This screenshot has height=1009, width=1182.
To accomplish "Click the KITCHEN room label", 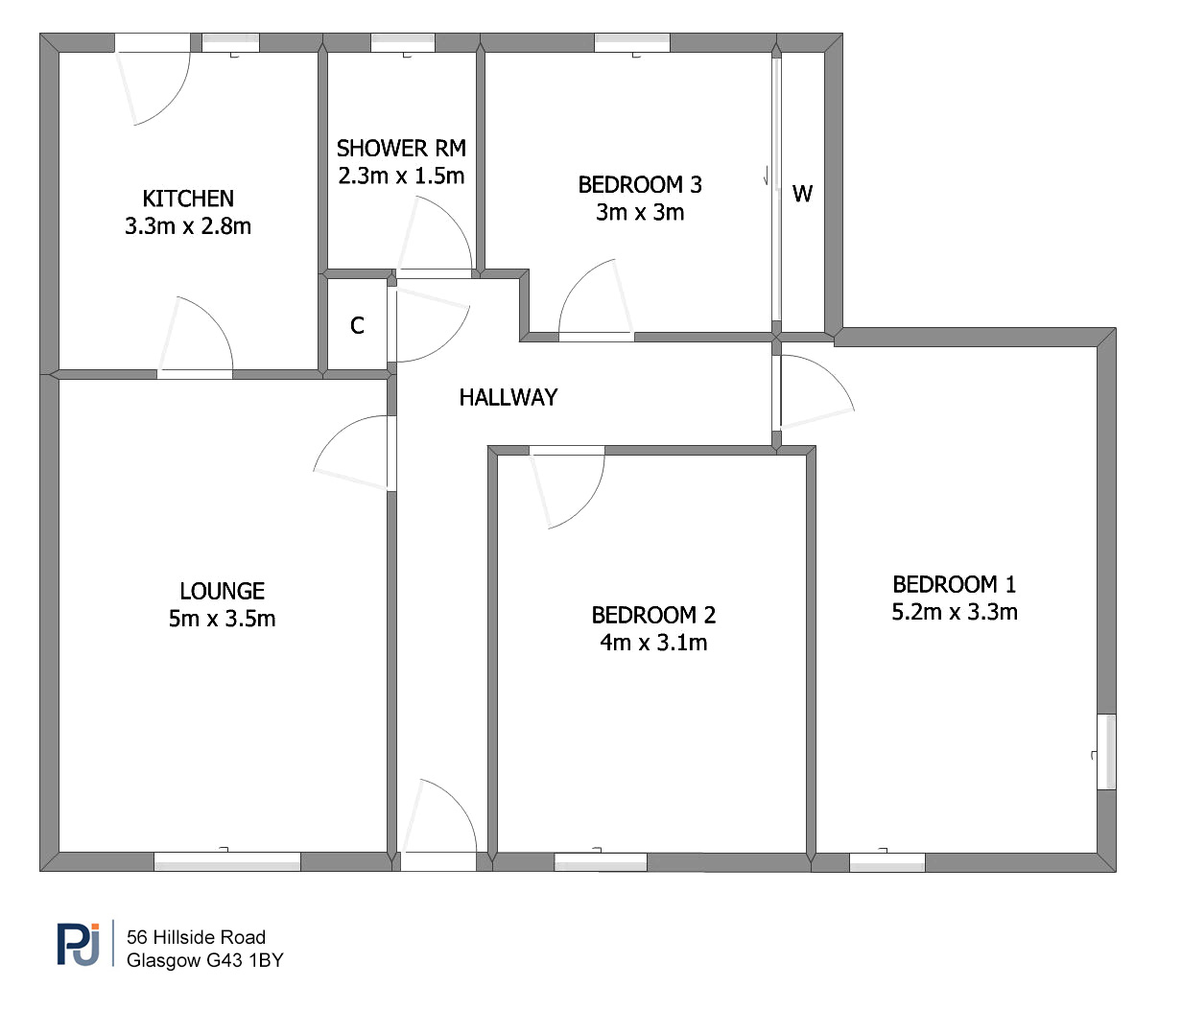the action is pos(188,199).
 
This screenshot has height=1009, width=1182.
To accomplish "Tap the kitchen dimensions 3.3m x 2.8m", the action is pos(188,227).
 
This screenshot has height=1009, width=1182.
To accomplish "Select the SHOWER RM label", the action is pos(401,149).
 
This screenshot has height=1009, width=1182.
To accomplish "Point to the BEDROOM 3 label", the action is pos(640,185).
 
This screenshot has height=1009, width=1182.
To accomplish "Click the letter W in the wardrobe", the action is pos(802,195).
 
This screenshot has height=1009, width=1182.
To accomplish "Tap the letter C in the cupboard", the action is pos(357,326).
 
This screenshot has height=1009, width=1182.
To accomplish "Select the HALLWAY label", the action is pos(508,397).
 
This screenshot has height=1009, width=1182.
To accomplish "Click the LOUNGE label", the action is pos(222,591).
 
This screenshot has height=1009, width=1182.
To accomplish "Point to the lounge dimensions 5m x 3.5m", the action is pos(222,619).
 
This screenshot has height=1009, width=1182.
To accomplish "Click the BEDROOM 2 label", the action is pos(653,615).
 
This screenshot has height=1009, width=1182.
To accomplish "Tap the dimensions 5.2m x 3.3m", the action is pos(955,612).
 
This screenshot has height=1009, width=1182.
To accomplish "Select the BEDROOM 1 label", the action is pos(955,584).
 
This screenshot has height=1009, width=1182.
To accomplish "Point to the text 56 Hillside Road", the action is pos(196,937).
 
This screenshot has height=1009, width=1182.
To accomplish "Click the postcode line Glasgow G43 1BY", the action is pos(204,960).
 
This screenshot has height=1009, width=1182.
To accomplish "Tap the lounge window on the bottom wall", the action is pos(227,862).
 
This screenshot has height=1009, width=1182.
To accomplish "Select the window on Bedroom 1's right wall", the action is pos(1106,752).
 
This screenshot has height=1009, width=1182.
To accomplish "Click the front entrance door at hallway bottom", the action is pos(438,862).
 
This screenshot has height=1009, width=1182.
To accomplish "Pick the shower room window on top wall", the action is pos(403,43).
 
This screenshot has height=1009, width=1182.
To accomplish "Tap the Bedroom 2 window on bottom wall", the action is pos(601,862).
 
